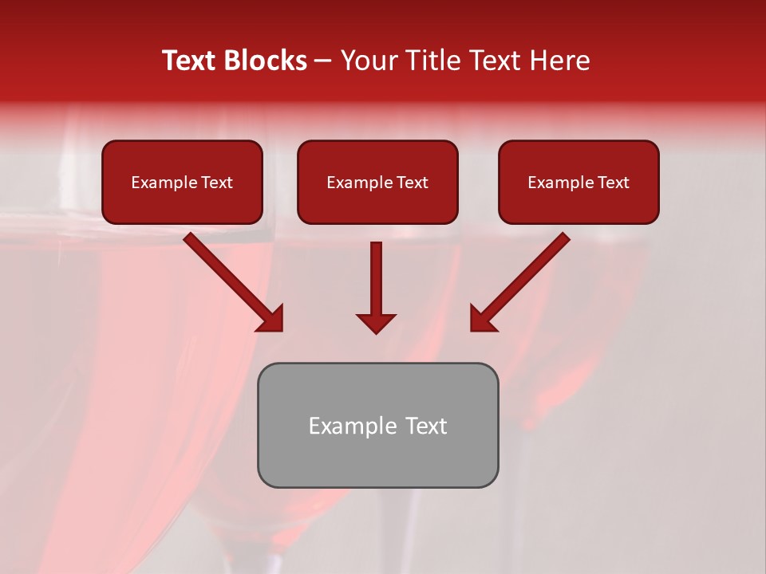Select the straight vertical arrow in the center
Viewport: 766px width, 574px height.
(376, 279)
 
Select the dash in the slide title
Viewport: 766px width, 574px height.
(323, 61)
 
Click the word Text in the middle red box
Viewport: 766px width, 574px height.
(413, 183)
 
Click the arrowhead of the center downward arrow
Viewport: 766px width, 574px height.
(376, 323)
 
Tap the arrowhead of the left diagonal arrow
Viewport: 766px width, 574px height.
(271, 319)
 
